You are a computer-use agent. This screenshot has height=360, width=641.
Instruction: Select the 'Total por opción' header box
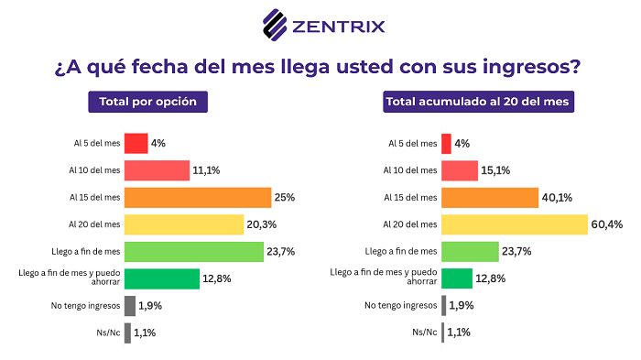(148, 102)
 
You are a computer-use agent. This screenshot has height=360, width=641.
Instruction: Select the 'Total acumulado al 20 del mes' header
(479, 102)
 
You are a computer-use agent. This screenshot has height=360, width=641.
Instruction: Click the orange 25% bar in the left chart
(197, 197)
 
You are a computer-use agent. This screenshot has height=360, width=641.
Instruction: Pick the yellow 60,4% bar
(514, 224)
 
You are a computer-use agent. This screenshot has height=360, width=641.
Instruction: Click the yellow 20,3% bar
(179, 224)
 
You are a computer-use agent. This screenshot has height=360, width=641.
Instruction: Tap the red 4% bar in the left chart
(136, 143)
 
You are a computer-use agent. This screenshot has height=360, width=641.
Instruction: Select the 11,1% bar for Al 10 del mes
(157, 170)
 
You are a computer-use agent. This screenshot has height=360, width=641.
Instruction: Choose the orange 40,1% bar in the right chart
(490, 197)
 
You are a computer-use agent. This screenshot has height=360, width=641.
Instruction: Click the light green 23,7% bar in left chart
(193, 251)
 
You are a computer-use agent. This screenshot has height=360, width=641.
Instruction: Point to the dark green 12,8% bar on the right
(457, 278)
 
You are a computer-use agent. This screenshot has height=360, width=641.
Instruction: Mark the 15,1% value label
(497, 170)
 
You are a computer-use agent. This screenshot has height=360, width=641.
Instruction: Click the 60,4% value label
(605, 224)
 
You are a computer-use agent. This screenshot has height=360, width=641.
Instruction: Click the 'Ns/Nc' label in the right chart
(424, 333)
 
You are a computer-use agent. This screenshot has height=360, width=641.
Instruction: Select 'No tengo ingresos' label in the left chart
(87, 306)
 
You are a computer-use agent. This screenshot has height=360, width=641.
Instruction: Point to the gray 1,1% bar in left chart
(127, 333)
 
